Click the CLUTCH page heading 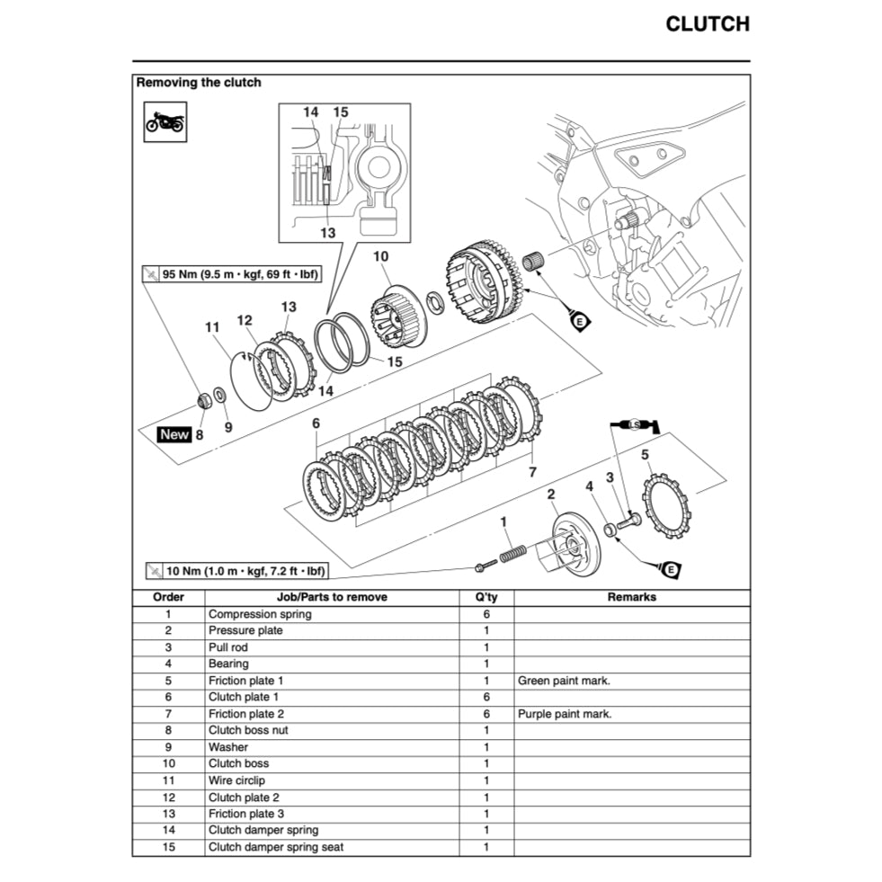coord(707,24)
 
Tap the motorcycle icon coord(165,120)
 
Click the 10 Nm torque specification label coord(236,571)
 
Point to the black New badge coord(174,434)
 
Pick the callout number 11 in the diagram coord(212,327)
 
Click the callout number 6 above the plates coord(316,423)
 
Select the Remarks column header coord(631,597)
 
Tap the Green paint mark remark coord(564,681)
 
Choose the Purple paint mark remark coord(565,714)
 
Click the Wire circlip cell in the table coord(236,780)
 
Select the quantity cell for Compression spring coord(486,614)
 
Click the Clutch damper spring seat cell coord(275,847)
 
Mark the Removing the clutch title coord(199,83)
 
